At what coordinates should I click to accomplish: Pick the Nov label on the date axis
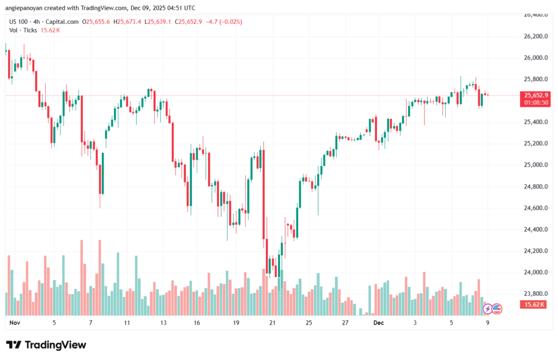pos(15,323)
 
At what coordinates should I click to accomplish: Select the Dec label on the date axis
pos(379,323)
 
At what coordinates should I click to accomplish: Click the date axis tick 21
pos(272,323)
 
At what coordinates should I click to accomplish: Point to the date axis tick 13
pos(163,323)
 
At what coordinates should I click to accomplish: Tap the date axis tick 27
pos(345,323)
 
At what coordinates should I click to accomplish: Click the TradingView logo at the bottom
pos(46,345)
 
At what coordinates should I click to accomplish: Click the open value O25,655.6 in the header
pos(96,22)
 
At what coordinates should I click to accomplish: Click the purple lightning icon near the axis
pos(488,309)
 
